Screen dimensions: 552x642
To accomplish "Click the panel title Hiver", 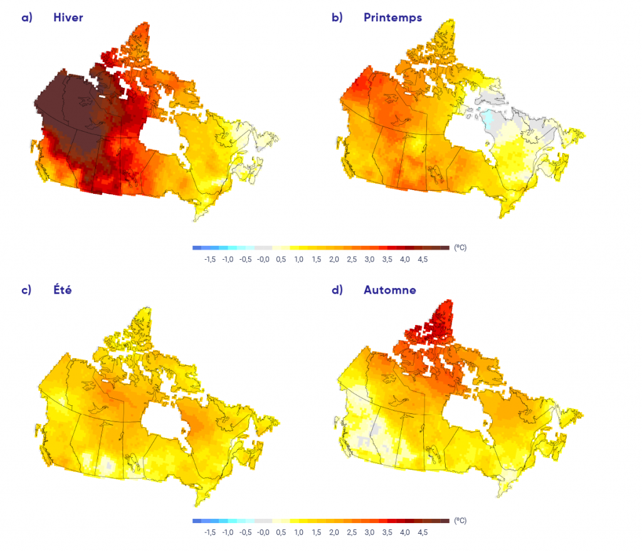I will pos(68,18).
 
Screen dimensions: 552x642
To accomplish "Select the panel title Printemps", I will pos(392,18).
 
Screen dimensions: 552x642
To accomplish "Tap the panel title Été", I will pos(64,290).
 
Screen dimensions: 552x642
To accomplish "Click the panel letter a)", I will pos(26,18).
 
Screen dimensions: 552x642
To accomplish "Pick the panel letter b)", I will pos(337,18).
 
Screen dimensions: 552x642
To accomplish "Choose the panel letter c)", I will pos(26,290).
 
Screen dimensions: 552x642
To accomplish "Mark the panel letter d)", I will pos(337,290).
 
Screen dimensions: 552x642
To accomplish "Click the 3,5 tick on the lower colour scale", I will pos(387,533).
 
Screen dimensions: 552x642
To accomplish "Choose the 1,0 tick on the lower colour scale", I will pos(298,533).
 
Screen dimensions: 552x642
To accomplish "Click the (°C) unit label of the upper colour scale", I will pos(460,248).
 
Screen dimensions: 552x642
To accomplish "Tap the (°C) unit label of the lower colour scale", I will pos(460,521).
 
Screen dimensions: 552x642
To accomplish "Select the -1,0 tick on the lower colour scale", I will pos(228,533).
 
